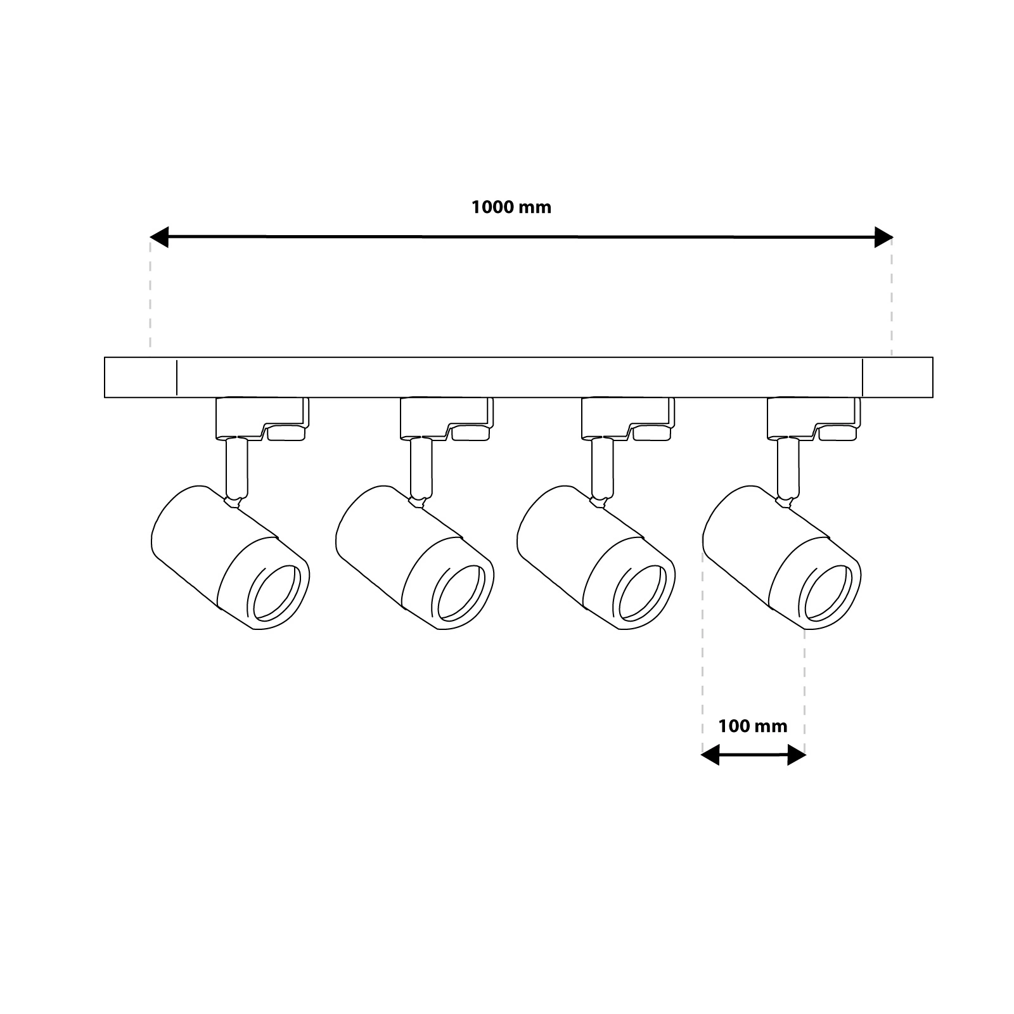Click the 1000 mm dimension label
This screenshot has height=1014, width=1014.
[x=511, y=207]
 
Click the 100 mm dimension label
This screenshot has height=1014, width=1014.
[x=752, y=726]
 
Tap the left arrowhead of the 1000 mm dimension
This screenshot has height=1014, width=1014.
[x=159, y=237]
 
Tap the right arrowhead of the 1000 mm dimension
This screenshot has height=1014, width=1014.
[x=883, y=237]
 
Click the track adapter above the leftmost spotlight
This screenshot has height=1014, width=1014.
[x=261, y=418]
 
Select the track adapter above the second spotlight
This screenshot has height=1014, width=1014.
[x=446, y=418]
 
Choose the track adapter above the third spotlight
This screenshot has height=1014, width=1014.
[x=627, y=418]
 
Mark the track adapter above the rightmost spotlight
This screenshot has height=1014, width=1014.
[x=812, y=418]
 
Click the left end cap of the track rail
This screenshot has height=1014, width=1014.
[x=140, y=378]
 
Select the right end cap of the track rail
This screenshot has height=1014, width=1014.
[x=897, y=378]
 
